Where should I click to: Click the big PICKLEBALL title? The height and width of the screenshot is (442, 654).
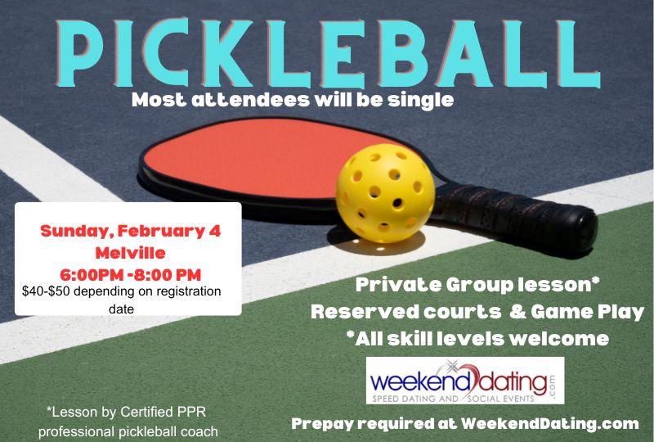tap(327, 50)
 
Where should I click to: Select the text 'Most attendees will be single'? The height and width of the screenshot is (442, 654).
tap(292, 101)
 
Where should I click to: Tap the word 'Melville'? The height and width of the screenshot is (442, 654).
tap(130, 252)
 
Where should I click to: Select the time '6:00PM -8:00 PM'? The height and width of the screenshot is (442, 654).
tap(130, 273)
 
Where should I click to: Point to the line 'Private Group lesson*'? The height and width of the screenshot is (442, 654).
tap(478, 286)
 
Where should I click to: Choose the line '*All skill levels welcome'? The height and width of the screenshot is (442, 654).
tap(477, 338)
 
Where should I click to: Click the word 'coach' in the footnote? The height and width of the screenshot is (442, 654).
tap(199, 430)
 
